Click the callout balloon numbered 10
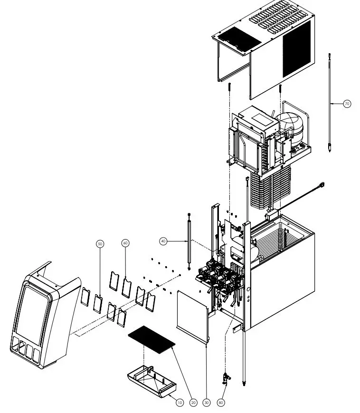[x=179, y=403]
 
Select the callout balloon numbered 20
[x=193, y=403]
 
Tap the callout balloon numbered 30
[x=206, y=403]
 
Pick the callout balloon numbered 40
[x=163, y=241]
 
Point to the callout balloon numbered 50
[x=100, y=244]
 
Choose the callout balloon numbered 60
[x=125, y=242]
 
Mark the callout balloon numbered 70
[x=347, y=103]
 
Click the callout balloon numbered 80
[x=221, y=403]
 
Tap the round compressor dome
[x=290, y=128]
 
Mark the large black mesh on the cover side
[x=296, y=48]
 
